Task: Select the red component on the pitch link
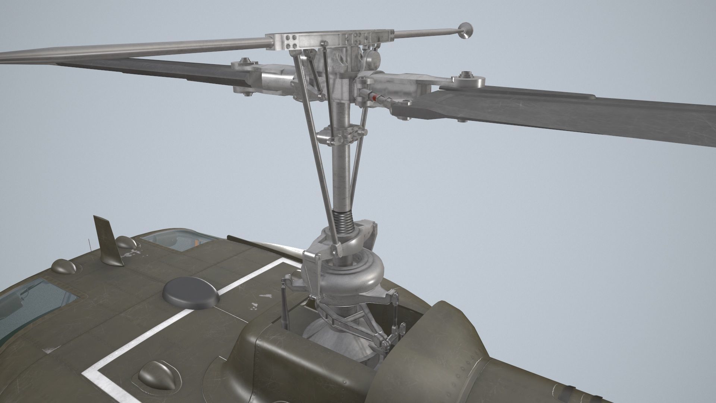374,97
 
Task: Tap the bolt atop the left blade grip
245,61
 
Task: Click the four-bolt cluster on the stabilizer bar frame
290,42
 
